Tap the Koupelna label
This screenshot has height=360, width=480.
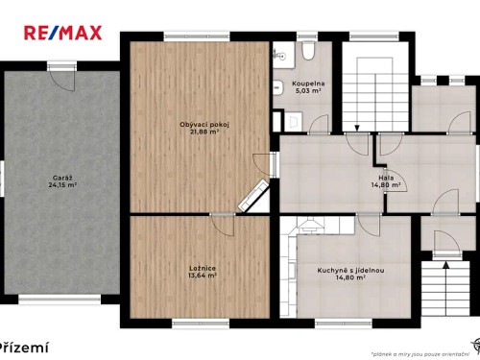[x=308, y=84]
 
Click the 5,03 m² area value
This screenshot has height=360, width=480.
[x=308, y=91]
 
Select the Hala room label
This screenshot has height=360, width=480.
[x=386, y=178]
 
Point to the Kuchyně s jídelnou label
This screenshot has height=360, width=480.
[x=351, y=270]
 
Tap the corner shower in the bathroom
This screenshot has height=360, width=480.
[x=279, y=56]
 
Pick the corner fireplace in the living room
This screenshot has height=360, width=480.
[x=253, y=198]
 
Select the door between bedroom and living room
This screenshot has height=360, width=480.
[x=223, y=224]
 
